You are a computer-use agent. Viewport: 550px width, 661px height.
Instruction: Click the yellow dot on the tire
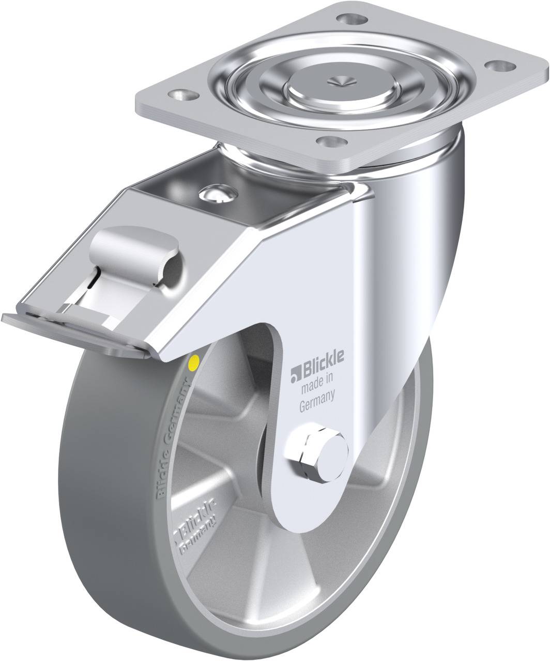(x=195, y=361)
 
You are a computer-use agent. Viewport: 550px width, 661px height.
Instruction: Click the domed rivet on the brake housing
(x=216, y=194)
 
